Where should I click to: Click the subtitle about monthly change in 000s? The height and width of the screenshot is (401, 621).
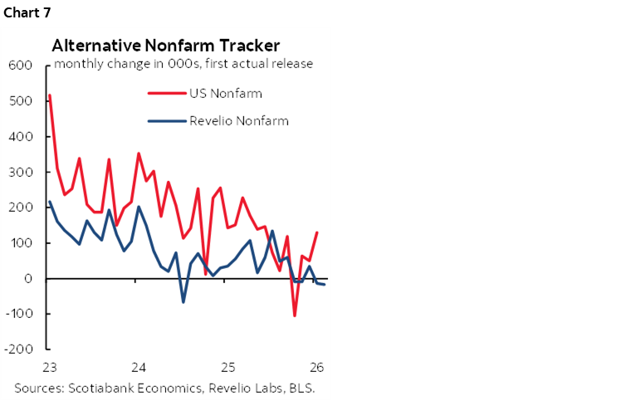(x=183, y=64)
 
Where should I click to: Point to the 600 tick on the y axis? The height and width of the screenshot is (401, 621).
(x=20, y=66)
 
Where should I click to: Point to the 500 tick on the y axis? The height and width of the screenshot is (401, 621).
(x=20, y=101)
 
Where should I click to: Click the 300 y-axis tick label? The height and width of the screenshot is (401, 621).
(x=20, y=173)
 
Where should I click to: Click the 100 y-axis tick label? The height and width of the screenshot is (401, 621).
(x=20, y=243)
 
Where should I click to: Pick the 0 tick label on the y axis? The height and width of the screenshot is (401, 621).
(x=27, y=279)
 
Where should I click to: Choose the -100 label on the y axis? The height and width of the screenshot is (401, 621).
(x=17, y=315)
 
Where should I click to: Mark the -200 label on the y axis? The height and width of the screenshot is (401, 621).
(x=17, y=350)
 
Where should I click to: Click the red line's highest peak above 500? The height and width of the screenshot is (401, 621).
(x=50, y=95)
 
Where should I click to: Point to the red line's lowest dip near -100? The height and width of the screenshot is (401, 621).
(x=295, y=315)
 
